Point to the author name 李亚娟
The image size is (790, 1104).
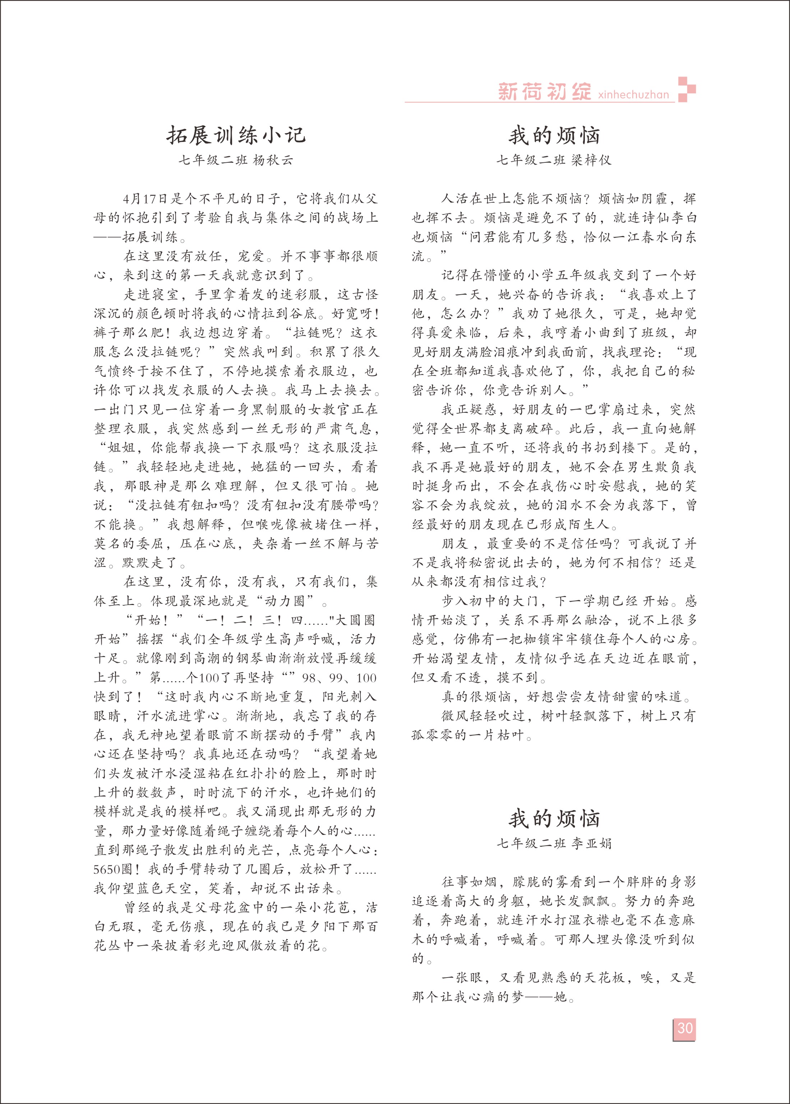coord(591,843)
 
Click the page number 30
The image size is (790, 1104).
coord(684,1028)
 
